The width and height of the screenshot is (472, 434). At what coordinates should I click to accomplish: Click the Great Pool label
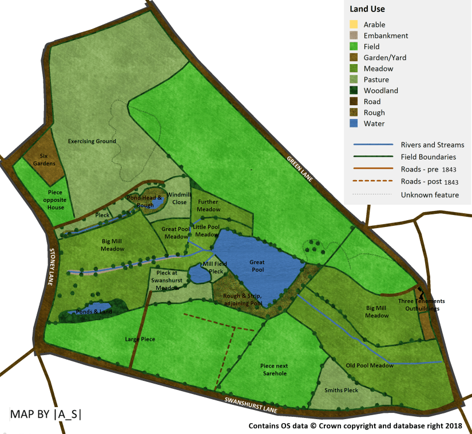(257, 266)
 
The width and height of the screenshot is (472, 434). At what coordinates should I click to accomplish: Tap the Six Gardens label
(43, 160)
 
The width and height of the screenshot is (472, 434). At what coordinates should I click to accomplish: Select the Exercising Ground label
(92, 141)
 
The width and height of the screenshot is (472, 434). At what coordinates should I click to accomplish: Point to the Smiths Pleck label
(341, 391)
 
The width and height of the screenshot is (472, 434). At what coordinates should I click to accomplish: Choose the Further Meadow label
(208, 205)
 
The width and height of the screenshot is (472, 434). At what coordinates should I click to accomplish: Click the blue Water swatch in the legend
(354, 124)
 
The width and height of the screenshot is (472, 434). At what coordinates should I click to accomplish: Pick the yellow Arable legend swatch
(354, 25)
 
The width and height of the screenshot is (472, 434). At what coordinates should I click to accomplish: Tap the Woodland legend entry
(380, 90)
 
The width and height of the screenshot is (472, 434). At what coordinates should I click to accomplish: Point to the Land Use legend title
(367, 9)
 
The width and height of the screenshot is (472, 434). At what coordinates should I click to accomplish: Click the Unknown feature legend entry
(430, 195)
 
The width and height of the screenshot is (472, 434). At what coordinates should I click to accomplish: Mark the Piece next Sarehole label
(273, 369)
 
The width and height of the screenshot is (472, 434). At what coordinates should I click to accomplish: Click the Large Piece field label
(140, 339)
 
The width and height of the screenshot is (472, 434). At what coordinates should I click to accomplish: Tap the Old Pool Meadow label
(370, 365)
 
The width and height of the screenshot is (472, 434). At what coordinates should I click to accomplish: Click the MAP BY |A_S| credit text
(45, 415)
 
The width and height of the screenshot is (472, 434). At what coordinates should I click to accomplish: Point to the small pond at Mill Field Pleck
(199, 275)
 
